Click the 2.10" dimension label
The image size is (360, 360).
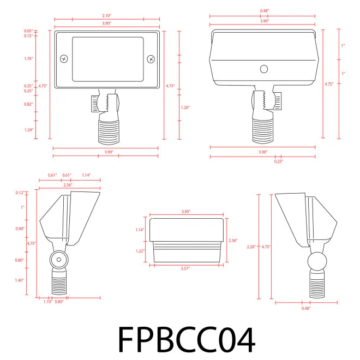click(106, 16)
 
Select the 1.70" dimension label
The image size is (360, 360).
click(28, 58)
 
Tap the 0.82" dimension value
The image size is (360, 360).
click(28, 104)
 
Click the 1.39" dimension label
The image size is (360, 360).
click(28, 129)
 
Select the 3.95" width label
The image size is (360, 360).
click(188, 212)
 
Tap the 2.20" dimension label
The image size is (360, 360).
click(251, 247)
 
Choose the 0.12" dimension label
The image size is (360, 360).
click(21, 193)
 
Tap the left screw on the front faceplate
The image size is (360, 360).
click(64, 58)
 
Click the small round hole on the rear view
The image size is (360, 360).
click(263, 69)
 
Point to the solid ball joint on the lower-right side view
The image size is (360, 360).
click(316, 262)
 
